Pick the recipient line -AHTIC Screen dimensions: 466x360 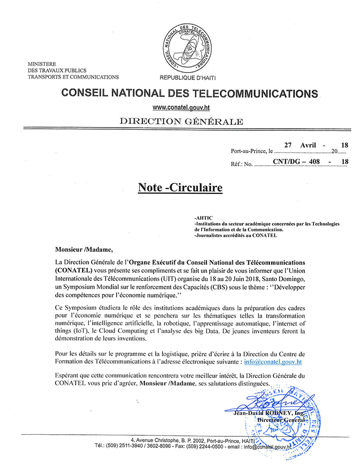coord(203,217)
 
